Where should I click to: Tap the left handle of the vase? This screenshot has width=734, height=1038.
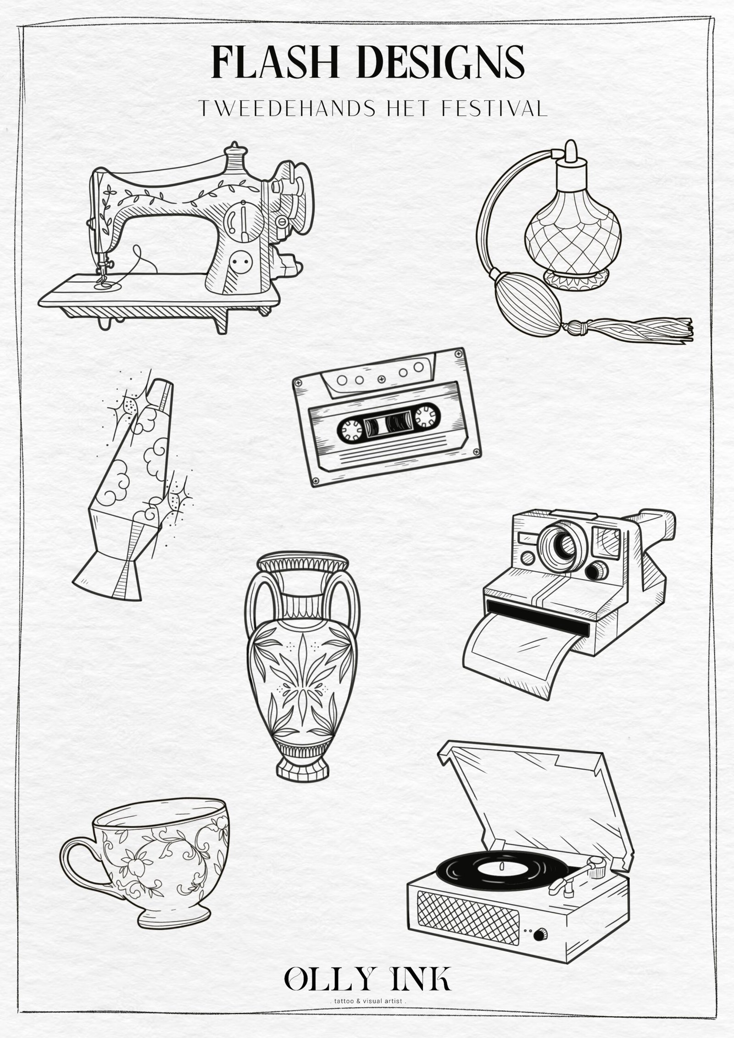click(x=256, y=605)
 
